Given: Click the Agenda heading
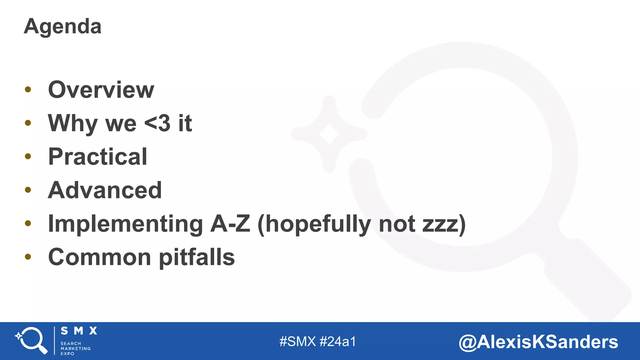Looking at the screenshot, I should (x=62, y=27).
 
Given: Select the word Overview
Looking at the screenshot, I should (x=101, y=90).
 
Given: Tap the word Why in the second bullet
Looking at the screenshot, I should (x=73, y=123).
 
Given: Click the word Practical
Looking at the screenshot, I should (x=97, y=157).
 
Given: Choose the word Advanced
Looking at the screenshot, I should (x=105, y=190).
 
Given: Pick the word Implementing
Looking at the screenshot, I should (x=125, y=224).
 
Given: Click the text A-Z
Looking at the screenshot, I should (x=230, y=224).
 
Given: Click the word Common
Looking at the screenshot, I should (x=100, y=257).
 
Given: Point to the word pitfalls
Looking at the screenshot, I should (x=197, y=257).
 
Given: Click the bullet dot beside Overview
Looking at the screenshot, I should (x=28, y=90).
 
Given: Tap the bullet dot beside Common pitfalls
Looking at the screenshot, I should (x=28, y=257).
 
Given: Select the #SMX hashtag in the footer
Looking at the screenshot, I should (x=297, y=342).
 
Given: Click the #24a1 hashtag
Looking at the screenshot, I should (x=338, y=342).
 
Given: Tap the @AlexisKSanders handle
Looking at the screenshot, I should (x=538, y=342).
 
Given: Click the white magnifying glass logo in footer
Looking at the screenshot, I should (x=32, y=340).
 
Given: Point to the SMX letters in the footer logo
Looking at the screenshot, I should (x=79, y=331).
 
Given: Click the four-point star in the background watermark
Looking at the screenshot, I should (x=329, y=134).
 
